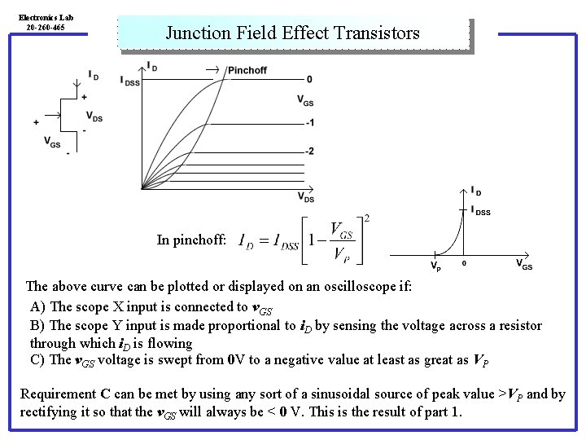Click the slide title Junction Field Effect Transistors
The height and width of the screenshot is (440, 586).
point(293,33)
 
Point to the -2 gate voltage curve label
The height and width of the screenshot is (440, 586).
point(308,152)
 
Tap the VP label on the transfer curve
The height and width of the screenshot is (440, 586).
point(436,266)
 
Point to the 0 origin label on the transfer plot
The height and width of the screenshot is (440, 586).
point(464,264)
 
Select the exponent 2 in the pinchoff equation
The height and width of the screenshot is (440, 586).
point(368,218)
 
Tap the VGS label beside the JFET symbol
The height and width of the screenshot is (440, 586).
point(52,142)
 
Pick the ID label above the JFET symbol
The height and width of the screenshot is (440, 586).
point(94,76)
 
